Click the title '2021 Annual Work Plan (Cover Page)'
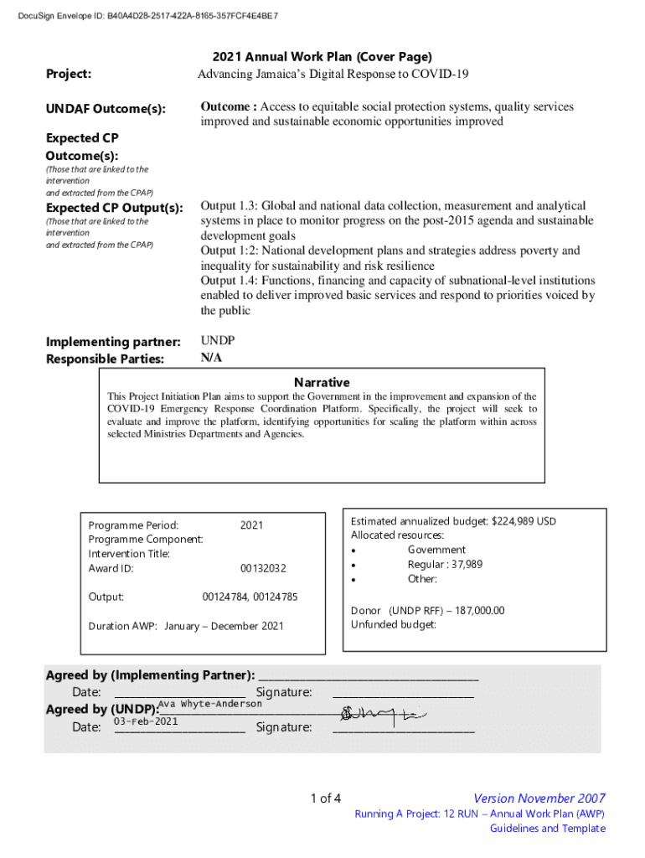(322, 57)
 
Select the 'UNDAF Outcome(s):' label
(106, 110)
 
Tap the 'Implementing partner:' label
(113, 342)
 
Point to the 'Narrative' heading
(322, 382)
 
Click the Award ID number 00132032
(263, 569)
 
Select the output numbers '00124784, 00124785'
(250, 597)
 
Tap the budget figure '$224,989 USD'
(524, 521)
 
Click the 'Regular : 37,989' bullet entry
(445, 565)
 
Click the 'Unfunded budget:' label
(394, 625)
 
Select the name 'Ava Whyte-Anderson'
(210, 704)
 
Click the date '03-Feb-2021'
(146, 721)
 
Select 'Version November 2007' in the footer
(539, 799)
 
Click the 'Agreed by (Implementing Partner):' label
(150, 675)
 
